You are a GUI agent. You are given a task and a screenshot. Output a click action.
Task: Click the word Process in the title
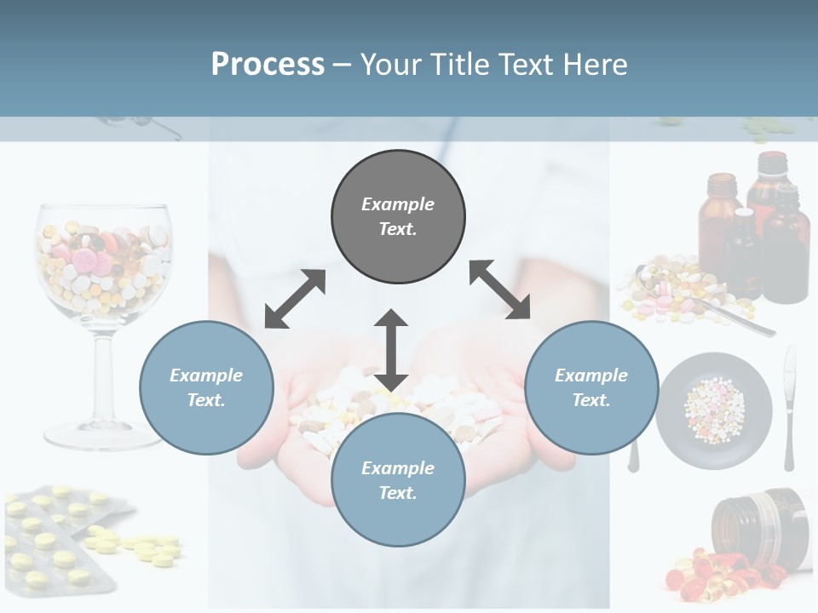coord(268,64)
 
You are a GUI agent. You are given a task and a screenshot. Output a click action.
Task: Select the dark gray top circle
coord(398,216)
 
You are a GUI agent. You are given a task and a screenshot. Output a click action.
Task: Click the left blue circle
coord(206,387)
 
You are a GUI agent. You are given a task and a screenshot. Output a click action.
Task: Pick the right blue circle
coord(591,387)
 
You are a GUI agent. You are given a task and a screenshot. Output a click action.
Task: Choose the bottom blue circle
coord(398,480)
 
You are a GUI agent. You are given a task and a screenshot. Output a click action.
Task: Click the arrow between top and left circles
coord(295,299)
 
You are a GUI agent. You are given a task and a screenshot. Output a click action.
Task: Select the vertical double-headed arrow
coord(391,350)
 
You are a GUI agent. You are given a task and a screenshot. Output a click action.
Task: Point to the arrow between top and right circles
coord(499,289)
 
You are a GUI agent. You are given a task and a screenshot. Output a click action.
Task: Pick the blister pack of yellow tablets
coord(60,536)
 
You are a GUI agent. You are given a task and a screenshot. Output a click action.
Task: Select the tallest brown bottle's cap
coord(772,162)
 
